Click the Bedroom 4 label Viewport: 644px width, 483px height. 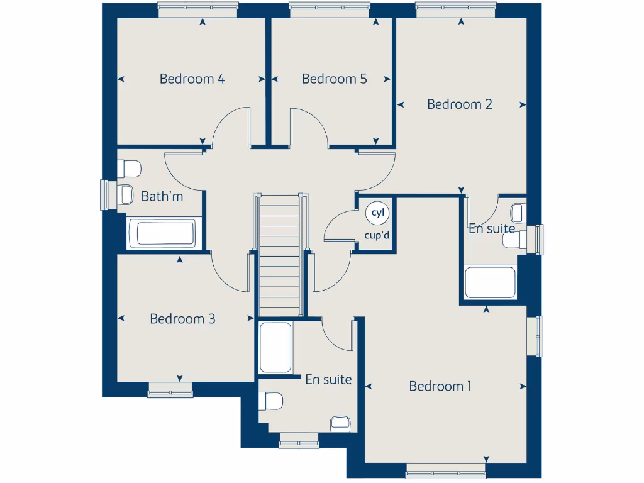point(192,79)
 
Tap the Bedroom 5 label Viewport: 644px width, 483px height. point(334,79)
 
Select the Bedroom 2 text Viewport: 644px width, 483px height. point(459,104)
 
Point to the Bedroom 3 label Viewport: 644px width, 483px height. point(182,319)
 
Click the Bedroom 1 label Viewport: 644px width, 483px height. point(440,386)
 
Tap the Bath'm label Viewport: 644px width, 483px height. point(162,197)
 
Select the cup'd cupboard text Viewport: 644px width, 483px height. point(377,236)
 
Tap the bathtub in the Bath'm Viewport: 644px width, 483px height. point(165,233)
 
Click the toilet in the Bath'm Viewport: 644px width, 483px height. point(130,169)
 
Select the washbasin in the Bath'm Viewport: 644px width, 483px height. point(126,194)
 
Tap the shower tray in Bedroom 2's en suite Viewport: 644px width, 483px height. point(490,282)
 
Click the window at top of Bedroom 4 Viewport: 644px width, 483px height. point(198,8)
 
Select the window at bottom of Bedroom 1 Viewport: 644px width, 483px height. point(445,468)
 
